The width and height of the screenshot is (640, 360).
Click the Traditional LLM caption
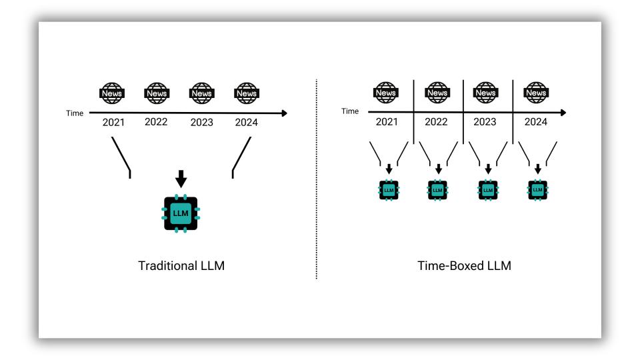coord(181,266)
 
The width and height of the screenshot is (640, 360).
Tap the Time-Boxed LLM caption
coord(464,266)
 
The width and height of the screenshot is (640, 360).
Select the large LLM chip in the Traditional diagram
coord(181,213)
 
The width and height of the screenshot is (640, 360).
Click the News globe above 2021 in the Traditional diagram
coord(112,93)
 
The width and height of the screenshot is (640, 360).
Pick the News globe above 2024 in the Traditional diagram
coord(247,93)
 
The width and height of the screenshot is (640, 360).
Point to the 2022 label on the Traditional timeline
coord(156,122)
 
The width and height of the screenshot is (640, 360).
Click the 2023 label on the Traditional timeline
coord(201,123)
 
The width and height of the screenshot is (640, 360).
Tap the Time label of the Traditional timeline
coord(75,113)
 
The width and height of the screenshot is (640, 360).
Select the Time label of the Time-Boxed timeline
coord(350,111)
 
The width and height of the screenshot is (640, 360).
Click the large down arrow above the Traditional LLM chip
coord(181,179)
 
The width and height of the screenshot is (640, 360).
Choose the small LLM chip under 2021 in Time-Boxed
coord(389,190)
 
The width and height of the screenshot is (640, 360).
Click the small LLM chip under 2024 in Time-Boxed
coord(537,190)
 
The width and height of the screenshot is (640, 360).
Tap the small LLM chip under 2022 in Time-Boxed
coord(437,190)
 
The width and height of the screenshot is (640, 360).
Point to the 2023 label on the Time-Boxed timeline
coord(485,121)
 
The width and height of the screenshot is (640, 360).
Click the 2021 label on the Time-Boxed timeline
coord(387,121)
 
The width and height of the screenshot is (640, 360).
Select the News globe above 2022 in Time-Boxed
coord(437,93)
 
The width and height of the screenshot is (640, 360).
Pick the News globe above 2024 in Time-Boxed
coord(536,93)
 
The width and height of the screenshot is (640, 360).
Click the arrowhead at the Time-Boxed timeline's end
coord(564,112)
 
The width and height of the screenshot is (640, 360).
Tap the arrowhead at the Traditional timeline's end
coord(285,113)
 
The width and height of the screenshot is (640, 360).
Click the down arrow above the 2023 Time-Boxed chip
coord(488,169)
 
